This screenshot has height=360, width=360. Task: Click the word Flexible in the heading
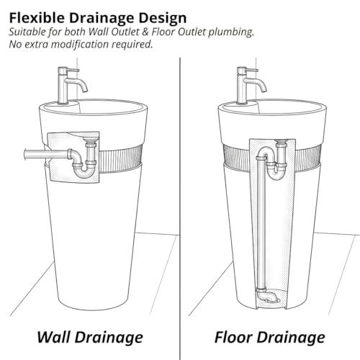pos(37,18)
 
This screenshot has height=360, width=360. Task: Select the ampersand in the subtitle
pos(145,32)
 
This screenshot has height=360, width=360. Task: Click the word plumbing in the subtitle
pos(231,32)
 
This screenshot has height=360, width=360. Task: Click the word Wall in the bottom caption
pos(54,337)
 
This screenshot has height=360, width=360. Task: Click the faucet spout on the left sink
pos(76,84)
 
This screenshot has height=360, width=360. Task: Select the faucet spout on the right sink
pos(255,84)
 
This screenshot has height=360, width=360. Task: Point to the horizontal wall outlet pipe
pos(47,153)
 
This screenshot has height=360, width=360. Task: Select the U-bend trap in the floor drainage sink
pos(276,171)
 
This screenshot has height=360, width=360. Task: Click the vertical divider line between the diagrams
pos(180,209)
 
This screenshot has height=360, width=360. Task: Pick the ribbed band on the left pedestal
pos(121,161)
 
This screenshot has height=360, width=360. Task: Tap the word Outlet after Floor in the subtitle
pos(192,32)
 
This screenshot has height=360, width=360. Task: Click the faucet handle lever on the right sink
pos(251,70)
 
